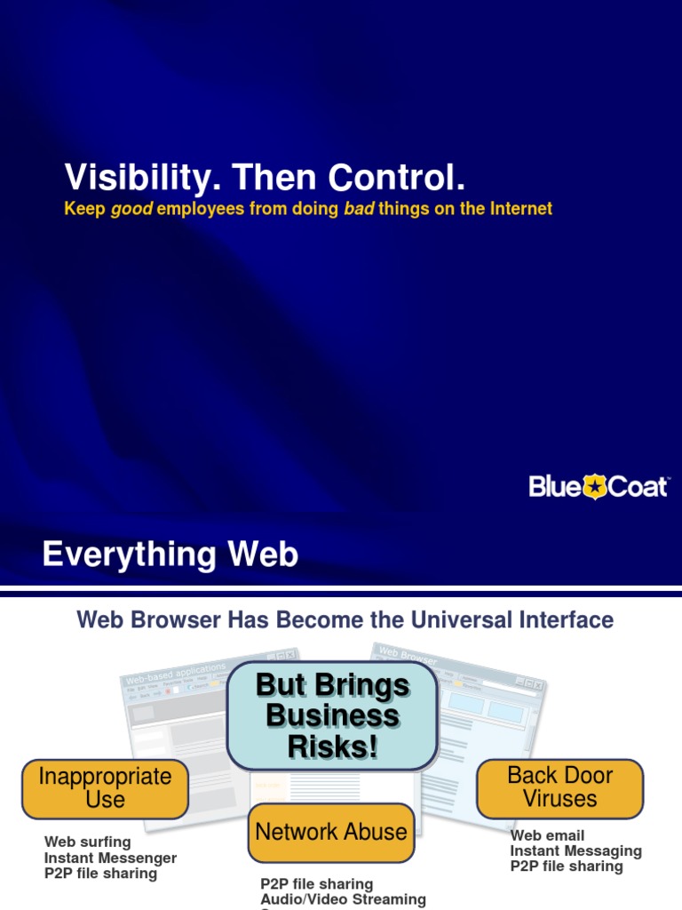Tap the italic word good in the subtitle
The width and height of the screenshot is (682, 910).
(x=131, y=209)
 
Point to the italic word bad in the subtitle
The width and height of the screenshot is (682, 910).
(x=359, y=209)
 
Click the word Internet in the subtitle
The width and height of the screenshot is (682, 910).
(x=518, y=209)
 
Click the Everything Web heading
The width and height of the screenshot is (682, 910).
(x=170, y=555)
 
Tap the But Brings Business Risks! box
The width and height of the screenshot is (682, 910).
(x=332, y=716)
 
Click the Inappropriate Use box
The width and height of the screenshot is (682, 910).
(x=105, y=787)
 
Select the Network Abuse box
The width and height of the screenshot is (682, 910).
(x=331, y=833)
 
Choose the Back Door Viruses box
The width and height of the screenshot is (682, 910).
(x=559, y=786)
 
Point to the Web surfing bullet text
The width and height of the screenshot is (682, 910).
(x=87, y=842)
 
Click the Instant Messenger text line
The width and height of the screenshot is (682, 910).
(x=110, y=858)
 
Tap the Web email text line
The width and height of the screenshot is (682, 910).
(x=547, y=835)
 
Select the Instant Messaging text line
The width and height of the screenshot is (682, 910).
(x=575, y=850)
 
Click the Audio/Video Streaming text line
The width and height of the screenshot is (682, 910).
(x=343, y=899)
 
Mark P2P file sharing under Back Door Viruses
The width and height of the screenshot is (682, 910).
(x=567, y=866)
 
